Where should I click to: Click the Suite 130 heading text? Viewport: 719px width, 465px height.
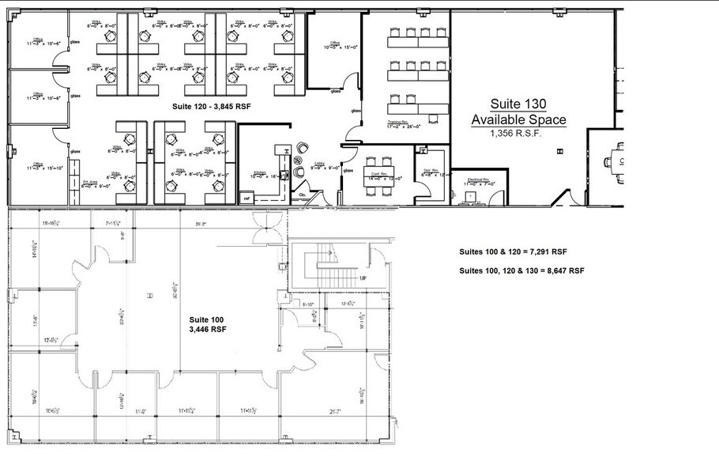point(518,104)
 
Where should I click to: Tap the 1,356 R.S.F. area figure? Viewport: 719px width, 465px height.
point(518,134)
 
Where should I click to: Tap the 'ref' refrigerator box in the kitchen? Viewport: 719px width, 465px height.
point(247,198)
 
